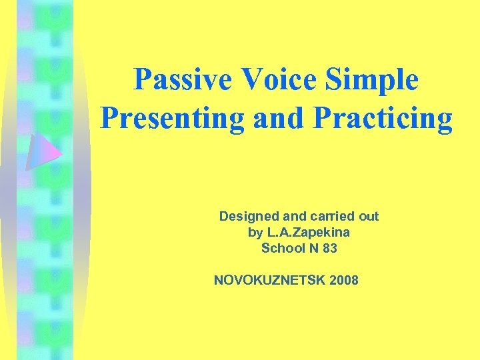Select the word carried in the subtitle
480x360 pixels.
click(x=330, y=217)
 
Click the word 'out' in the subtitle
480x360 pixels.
click(x=367, y=217)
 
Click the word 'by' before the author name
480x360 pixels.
click(x=255, y=233)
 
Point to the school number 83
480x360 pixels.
click(x=329, y=249)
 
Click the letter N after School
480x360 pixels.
click(x=311, y=249)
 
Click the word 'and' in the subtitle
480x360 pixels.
click(x=293, y=217)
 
